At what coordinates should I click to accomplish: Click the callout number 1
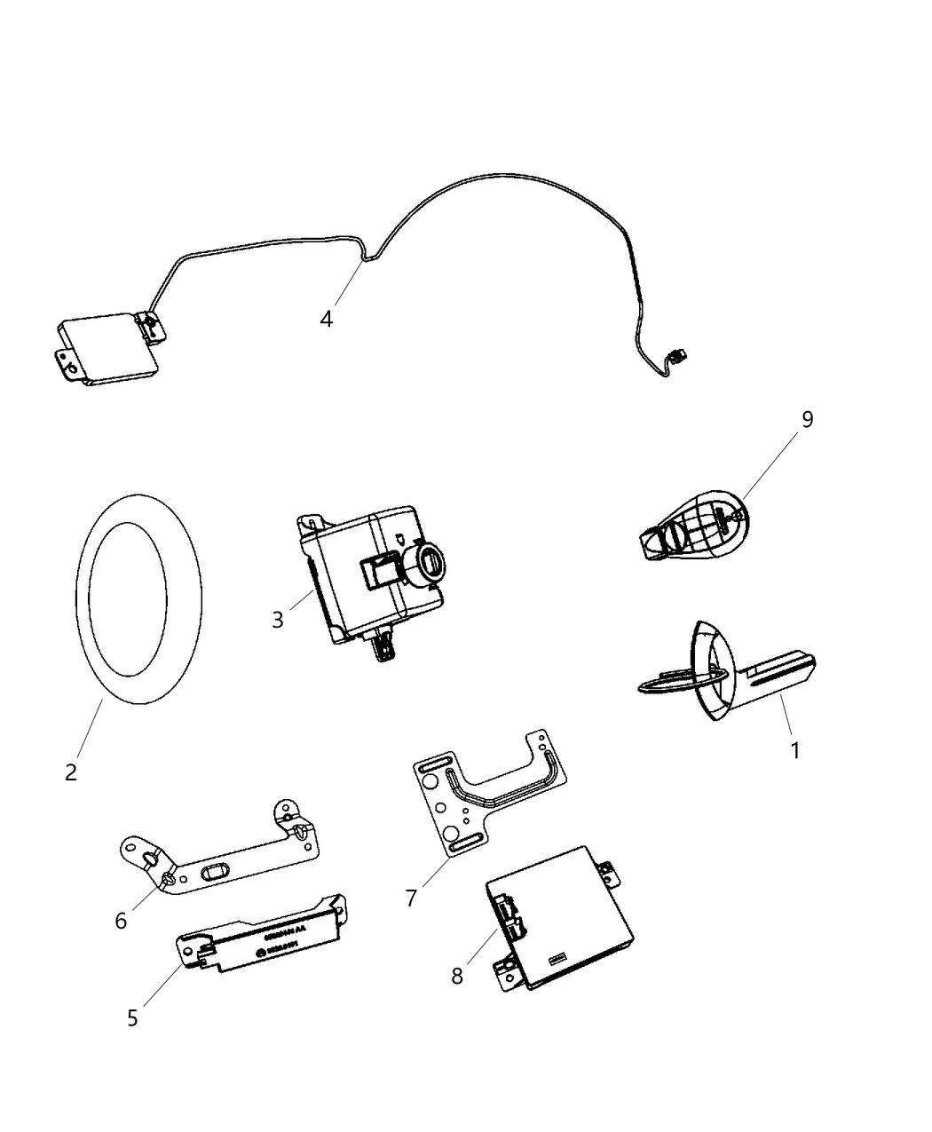coord(795,750)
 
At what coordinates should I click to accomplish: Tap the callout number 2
coord(71,772)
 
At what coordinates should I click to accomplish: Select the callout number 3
coord(278,620)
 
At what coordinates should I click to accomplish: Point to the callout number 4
coord(327,319)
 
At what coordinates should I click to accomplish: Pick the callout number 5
coord(132,1017)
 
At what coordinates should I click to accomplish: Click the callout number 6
coord(121,921)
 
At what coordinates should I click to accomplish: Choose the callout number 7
coord(411,898)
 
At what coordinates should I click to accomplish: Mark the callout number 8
coord(457,976)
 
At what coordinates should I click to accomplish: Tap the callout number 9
coord(807,419)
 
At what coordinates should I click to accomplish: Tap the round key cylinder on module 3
coord(429,563)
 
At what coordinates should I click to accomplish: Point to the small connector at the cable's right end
coord(680,359)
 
